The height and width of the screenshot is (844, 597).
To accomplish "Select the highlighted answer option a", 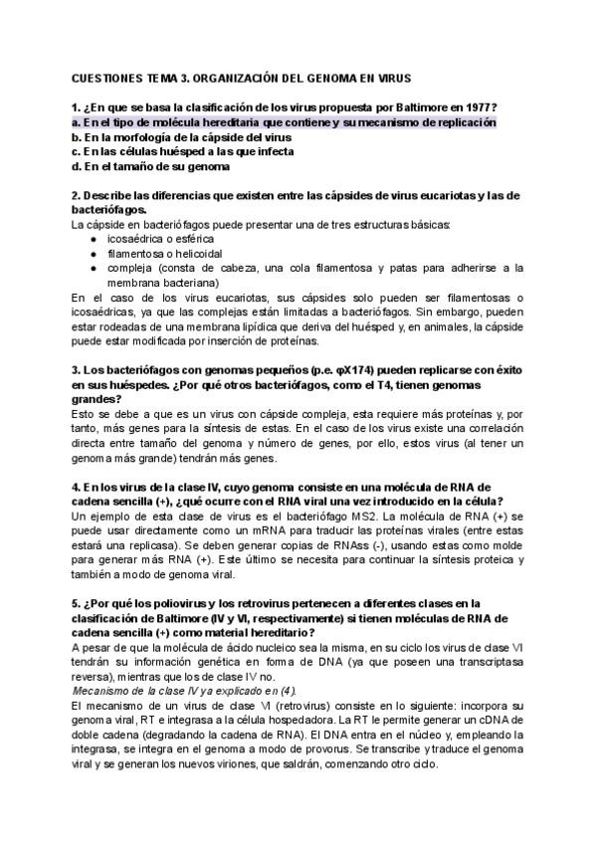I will tap(284, 122).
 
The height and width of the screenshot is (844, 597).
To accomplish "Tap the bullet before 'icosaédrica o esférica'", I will tap(93, 239).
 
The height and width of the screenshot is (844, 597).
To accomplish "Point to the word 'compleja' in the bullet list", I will tap(128, 268).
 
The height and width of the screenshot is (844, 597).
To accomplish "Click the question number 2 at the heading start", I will tap(77, 195).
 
